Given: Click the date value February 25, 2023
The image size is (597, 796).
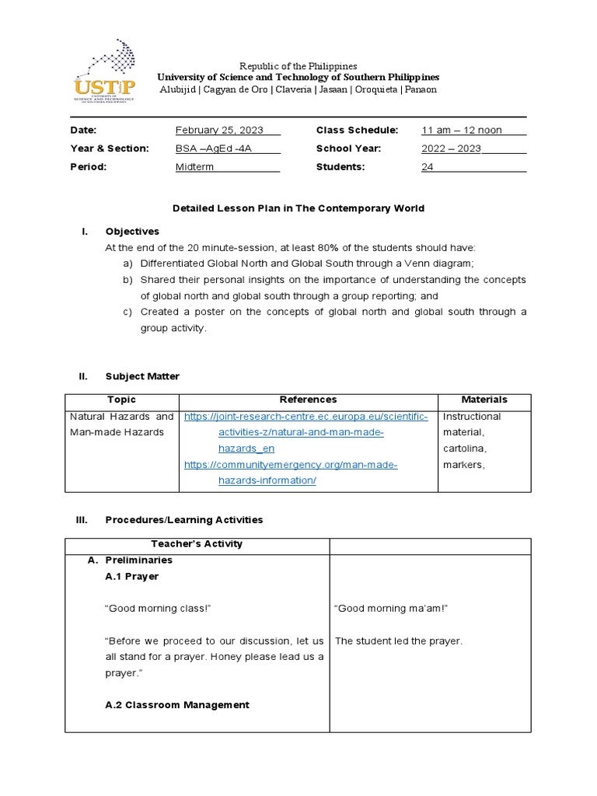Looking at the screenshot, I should point(218,130).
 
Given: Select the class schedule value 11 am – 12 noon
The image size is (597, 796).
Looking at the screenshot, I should point(462,130).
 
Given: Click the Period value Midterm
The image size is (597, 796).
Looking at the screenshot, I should point(194,167).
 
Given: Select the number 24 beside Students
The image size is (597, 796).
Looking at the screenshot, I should point(428,167).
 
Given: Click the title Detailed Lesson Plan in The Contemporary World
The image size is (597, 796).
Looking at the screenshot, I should point(298,208).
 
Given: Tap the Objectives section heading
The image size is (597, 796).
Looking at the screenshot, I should point(132,232).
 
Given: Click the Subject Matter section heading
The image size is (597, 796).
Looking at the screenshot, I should point(142,376).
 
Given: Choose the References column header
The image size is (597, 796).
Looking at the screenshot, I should point(308,400).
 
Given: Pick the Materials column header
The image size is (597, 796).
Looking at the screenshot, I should point(484,400).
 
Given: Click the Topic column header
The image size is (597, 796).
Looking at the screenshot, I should point(121,400).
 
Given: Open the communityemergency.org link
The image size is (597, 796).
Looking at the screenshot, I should point(290,465).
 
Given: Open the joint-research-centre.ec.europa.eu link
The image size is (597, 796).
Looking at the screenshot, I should point(305,417).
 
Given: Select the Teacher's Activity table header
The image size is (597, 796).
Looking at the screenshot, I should point(197,544).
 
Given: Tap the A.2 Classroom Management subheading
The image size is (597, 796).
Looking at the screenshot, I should point(177,705).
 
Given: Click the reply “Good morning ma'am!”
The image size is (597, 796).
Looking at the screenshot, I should point(380,609).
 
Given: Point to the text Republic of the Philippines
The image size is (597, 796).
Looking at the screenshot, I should point(298,66).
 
